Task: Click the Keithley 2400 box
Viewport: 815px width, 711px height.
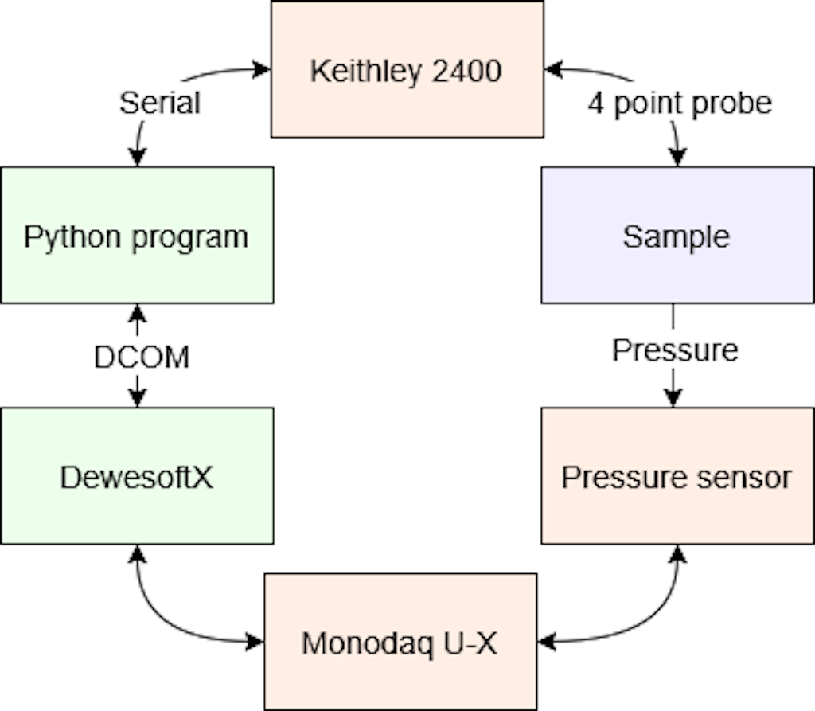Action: point(407,69)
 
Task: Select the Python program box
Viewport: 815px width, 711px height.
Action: point(137,235)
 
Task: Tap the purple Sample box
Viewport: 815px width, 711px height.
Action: point(677,235)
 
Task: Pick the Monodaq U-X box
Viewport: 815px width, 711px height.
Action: point(400,642)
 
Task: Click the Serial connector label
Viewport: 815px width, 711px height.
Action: point(159,103)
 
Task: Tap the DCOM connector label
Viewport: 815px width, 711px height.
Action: point(142,357)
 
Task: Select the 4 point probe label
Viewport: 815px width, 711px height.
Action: point(680,103)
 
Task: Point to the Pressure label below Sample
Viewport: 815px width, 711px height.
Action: point(675,350)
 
